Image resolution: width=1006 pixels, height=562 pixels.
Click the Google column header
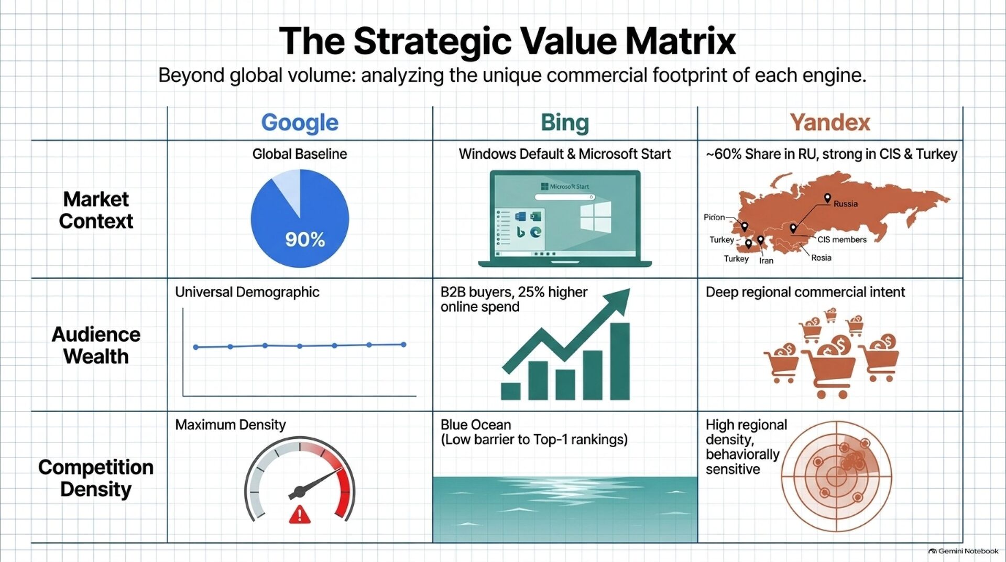[300, 123]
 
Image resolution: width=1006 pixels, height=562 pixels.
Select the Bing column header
[565, 123]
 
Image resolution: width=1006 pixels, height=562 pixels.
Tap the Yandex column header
[830, 123]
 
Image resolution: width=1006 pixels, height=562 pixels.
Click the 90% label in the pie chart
[305, 240]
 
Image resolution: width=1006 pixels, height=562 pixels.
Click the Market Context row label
[96, 210]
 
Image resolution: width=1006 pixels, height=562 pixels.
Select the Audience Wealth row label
[96, 345]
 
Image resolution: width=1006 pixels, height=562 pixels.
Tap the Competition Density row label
[96, 478]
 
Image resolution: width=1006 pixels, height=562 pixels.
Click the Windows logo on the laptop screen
[595, 217]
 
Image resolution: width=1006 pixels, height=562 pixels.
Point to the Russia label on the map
[846, 204]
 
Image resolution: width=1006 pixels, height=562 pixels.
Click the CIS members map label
[842, 240]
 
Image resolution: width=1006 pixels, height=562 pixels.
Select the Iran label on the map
[766, 261]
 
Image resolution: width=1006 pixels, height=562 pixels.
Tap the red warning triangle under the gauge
[300, 515]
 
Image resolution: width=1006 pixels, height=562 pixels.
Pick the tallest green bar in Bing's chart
[620, 361]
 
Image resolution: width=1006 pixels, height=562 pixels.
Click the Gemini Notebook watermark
[964, 551]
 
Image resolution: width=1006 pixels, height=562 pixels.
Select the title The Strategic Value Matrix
[507, 41]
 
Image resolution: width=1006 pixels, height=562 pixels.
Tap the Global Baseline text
[300, 154]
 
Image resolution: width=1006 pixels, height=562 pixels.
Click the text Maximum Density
[231, 425]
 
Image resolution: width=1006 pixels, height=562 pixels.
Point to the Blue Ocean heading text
[476, 425]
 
